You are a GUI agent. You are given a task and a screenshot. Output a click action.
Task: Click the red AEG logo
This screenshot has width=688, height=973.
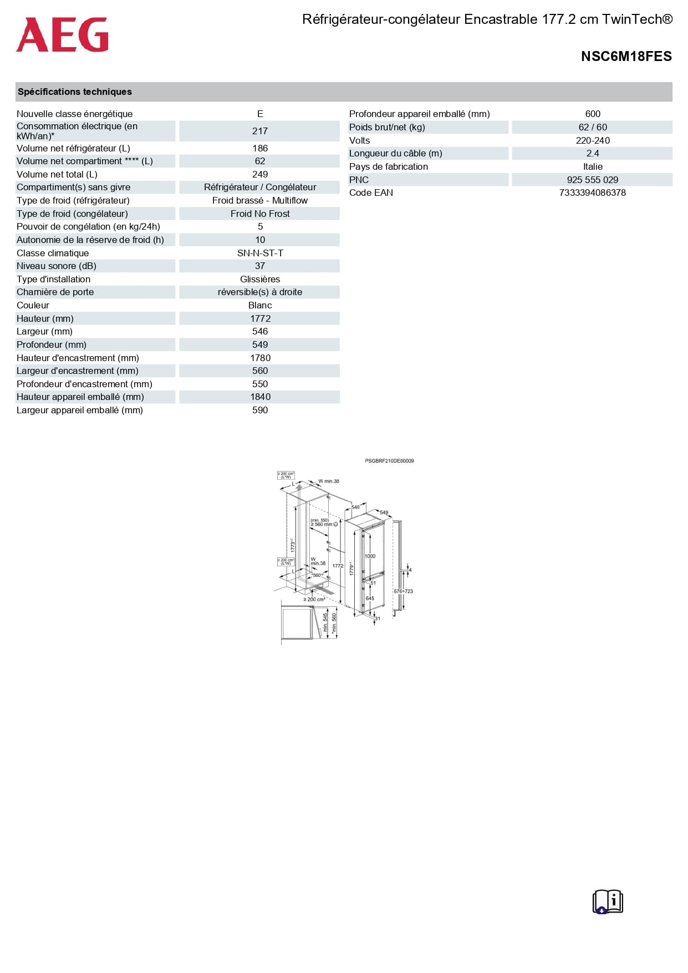[62, 35]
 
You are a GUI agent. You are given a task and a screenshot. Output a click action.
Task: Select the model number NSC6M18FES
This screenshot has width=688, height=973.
[626, 57]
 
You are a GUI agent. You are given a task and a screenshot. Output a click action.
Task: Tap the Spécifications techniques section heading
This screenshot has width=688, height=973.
[75, 92]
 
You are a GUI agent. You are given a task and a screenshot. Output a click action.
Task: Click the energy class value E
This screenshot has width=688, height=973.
[259, 114]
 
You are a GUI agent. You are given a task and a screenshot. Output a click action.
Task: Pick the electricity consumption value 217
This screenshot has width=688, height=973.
[259, 131]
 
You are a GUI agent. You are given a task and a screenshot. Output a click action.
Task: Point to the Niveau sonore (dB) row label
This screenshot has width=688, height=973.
[57, 266]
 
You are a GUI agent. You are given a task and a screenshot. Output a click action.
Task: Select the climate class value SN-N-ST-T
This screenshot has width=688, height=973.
[259, 254]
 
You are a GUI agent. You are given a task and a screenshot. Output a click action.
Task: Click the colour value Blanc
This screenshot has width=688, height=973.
[259, 306]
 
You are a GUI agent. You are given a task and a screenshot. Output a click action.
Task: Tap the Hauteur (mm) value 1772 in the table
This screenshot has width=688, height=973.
[259, 319]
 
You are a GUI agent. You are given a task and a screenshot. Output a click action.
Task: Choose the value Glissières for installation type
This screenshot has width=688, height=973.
[259, 280]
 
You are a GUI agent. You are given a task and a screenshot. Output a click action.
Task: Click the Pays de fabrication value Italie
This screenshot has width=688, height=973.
[592, 167]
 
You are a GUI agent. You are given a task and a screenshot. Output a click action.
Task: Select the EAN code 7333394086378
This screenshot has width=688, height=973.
[592, 193]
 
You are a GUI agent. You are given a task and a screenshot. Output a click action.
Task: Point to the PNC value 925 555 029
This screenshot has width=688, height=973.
[592, 180]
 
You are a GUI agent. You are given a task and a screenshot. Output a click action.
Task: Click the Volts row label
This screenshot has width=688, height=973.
[359, 141]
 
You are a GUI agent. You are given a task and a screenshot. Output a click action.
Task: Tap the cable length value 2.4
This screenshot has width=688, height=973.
[592, 154]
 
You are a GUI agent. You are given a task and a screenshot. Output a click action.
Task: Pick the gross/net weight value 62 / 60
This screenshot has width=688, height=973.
[592, 128]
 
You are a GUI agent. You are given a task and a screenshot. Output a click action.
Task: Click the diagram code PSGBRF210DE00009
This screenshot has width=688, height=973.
[389, 461]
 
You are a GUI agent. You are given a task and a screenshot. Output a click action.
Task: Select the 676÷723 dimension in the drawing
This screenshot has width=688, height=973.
[404, 591]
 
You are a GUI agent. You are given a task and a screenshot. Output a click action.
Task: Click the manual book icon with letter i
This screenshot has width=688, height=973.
[608, 901]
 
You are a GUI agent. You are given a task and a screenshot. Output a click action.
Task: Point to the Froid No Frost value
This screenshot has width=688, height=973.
[259, 214]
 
